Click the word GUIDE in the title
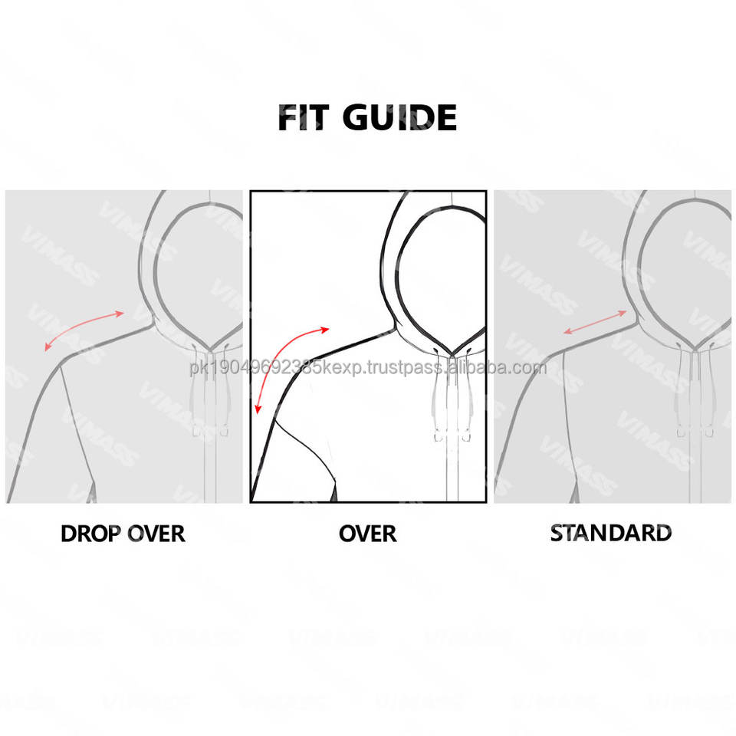tap(399, 118)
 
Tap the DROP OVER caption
tap(123, 534)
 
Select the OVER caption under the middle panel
tap(368, 534)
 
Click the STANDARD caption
tap(611, 533)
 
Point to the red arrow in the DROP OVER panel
tap(84, 329)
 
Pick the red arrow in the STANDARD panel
tap(595, 322)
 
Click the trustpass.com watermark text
tap(368, 367)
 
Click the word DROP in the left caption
tap(90, 534)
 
